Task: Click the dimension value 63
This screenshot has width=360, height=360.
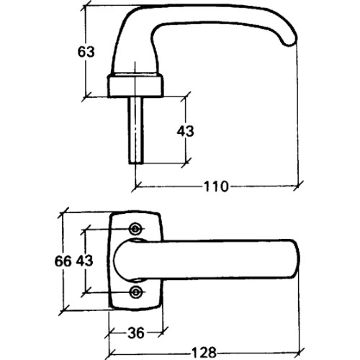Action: click(86, 52)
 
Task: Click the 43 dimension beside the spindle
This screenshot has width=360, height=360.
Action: click(185, 132)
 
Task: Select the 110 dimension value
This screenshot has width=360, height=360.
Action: click(216, 186)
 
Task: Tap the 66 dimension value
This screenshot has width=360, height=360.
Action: click(63, 261)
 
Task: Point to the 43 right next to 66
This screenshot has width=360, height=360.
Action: click(85, 261)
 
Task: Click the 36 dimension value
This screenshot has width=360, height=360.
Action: click(136, 333)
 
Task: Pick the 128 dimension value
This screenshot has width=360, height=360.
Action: click(204, 353)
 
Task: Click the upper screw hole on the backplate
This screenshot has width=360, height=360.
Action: click(135, 229)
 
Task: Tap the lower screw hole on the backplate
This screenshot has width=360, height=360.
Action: click(135, 292)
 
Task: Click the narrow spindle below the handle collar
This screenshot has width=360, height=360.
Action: click(136, 130)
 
